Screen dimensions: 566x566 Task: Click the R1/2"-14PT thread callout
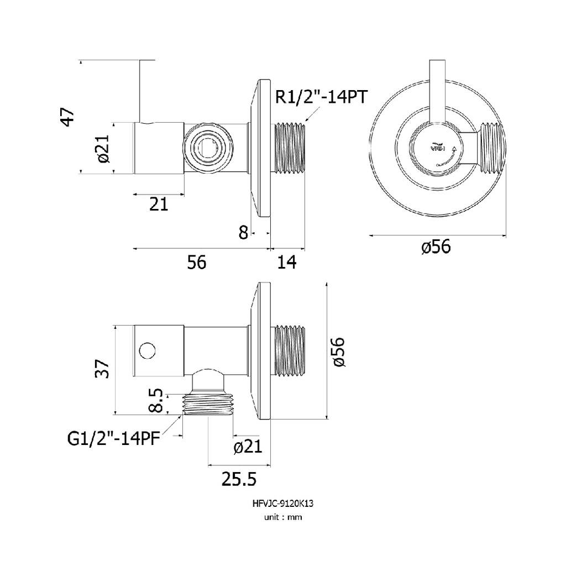[321, 97]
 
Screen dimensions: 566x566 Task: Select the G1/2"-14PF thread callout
[114, 439]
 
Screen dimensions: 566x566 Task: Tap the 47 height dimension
[68, 117]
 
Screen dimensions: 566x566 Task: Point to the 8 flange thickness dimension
[243, 233]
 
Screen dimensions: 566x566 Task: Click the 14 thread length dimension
[287, 262]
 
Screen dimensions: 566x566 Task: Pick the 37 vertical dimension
[102, 368]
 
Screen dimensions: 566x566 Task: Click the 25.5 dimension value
[239, 479]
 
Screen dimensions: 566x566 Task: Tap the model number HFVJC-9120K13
[283, 503]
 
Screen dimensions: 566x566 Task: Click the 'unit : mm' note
[283, 517]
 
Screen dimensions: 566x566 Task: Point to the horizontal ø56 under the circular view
[436, 247]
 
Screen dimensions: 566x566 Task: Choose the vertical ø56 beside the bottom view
[339, 352]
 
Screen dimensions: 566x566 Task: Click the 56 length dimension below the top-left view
[197, 262]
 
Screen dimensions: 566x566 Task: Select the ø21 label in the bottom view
[248, 447]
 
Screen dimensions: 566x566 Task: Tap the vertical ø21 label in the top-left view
[102, 148]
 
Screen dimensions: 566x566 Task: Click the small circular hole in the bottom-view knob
[147, 350]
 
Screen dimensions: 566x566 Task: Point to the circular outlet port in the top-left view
[208, 148]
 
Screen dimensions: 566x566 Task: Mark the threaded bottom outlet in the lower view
[208, 404]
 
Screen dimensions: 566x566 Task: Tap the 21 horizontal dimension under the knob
[159, 205]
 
